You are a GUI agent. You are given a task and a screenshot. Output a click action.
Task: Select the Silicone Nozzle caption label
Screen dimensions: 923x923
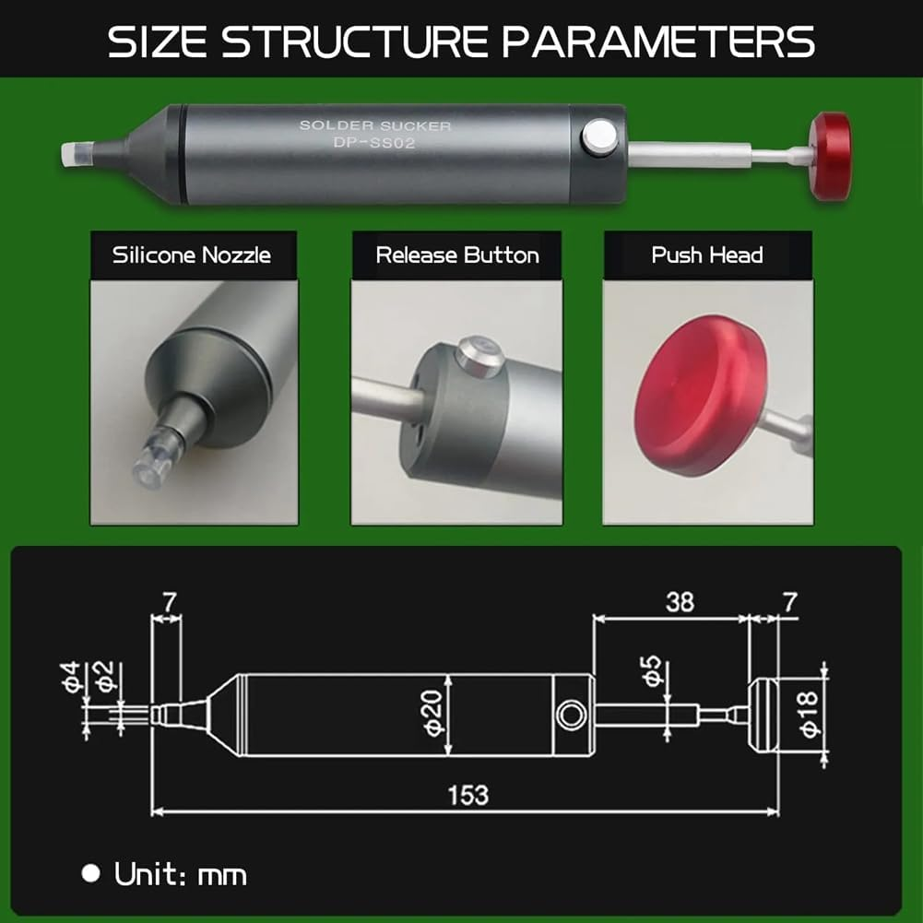192,255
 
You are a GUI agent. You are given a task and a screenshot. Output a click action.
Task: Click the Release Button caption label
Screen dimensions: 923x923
457,255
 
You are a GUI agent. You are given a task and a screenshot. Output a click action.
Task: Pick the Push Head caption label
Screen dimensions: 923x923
707,255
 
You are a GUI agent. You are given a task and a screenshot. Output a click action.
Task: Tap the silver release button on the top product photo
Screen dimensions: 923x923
598,139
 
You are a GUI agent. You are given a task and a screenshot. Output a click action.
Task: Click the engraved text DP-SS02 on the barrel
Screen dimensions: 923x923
375,143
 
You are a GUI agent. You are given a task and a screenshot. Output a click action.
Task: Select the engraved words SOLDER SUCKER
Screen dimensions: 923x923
375,124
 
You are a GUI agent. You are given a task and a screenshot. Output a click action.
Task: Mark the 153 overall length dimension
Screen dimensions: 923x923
467,794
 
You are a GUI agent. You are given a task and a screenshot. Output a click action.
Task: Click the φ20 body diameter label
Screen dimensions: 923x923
436,713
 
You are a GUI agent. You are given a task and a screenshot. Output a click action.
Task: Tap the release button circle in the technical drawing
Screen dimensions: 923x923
571,714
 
